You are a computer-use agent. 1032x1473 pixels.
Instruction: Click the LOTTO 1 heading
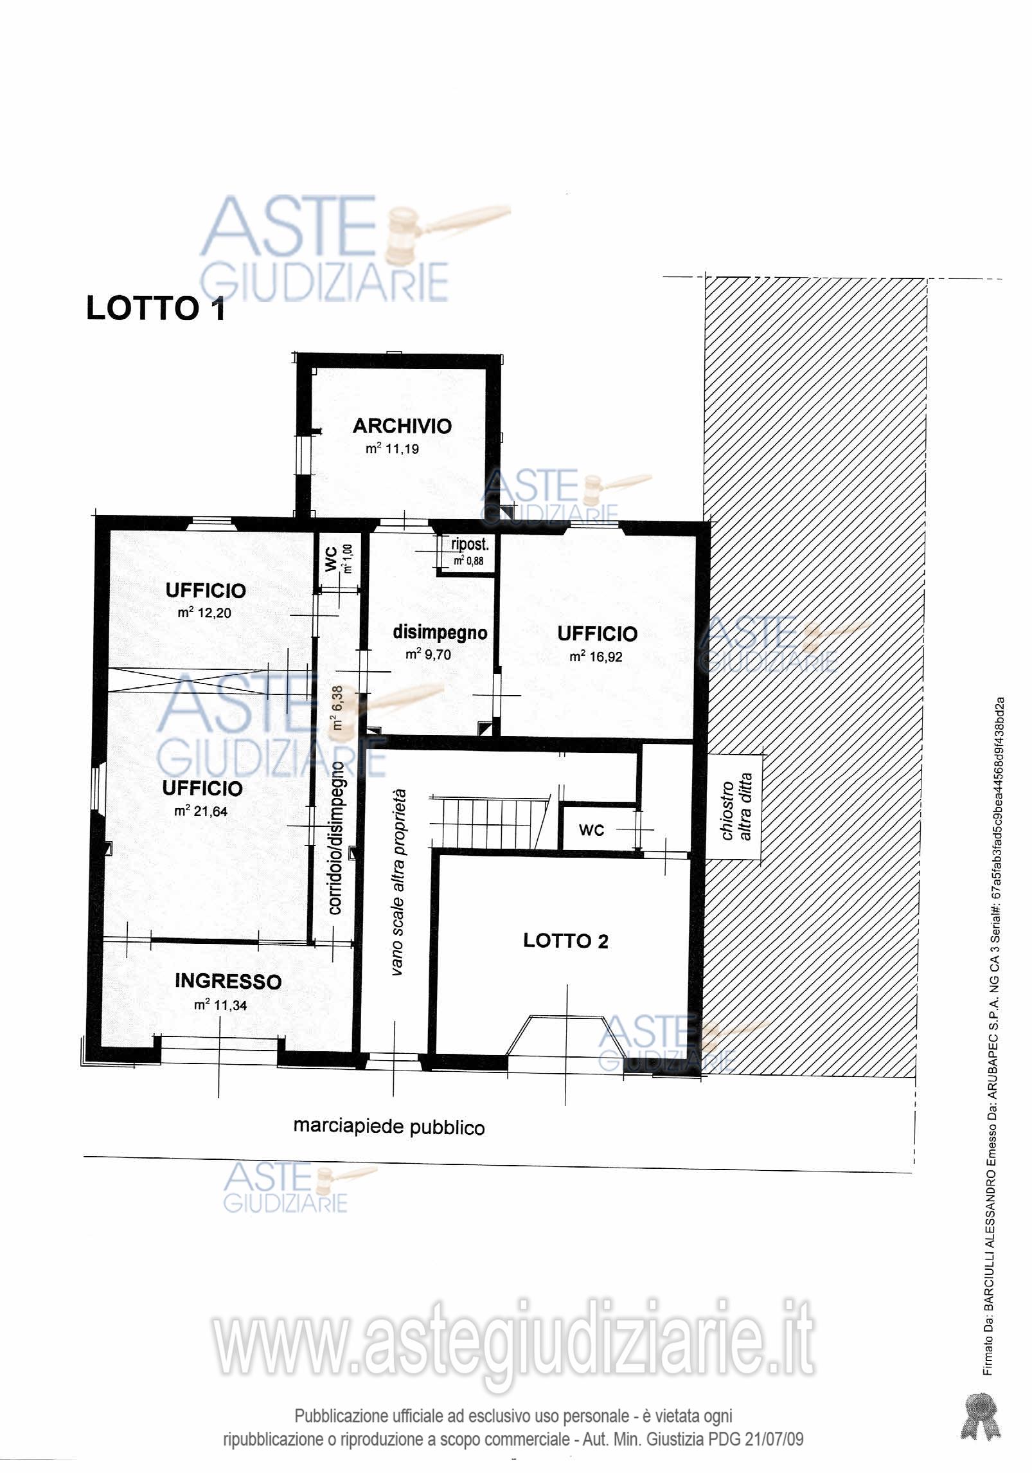tap(156, 309)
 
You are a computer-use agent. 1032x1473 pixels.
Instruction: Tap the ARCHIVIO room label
tap(402, 426)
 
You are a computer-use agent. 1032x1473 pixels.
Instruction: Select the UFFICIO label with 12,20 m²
tap(206, 590)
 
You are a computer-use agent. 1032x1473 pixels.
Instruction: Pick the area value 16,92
tap(605, 657)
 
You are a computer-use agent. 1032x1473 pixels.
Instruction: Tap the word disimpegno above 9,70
tap(440, 633)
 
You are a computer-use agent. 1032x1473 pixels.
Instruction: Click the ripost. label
tap(470, 544)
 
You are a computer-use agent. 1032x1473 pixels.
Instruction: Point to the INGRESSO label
tap(228, 981)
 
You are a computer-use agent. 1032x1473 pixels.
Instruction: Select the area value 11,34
tap(230, 1005)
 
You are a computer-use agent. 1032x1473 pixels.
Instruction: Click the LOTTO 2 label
tap(565, 941)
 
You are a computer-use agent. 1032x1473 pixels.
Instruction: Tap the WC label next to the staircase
tap(591, 830)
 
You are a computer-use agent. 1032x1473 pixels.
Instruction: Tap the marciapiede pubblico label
tap(389, 1126)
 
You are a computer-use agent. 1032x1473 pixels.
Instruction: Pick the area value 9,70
tap(436, 655)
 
